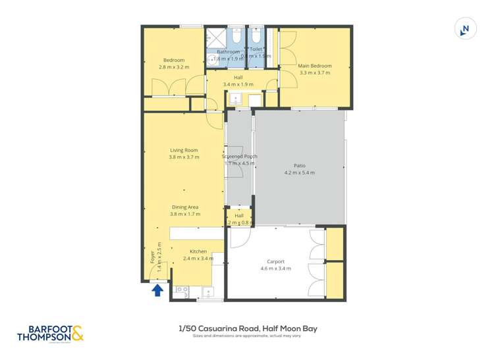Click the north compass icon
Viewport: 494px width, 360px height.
(465, 29)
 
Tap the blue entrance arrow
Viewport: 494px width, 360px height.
(157, 290)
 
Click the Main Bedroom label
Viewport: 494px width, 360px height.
(314, 66)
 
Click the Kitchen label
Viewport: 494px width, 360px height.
(198, 251)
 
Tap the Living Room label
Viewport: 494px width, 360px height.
(184, 150)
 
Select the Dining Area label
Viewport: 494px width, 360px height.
(184, 207)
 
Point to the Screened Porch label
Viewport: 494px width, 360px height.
(239, 157)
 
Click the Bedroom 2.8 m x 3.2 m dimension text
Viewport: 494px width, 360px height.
(174, 67)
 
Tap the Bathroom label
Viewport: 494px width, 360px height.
(228, 52)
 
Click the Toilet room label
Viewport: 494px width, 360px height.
(256, 49)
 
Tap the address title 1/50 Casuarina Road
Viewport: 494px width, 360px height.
(248, 328)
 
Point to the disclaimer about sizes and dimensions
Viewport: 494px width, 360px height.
(248, 336)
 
